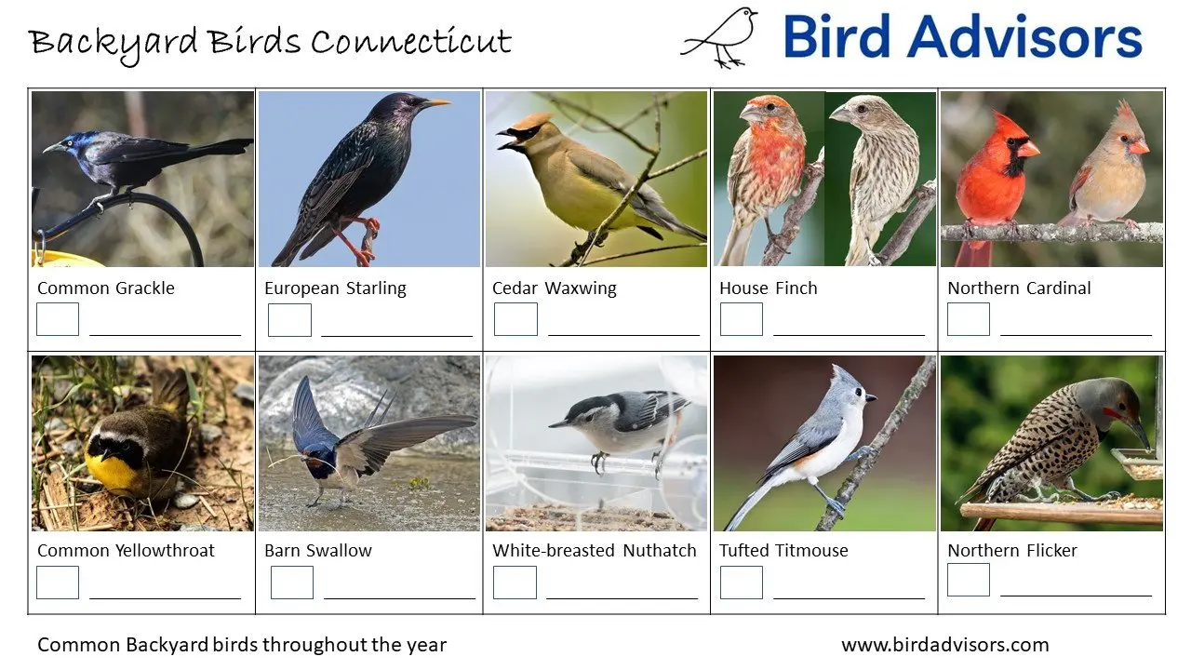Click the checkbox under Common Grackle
(58, 319)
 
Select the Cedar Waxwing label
(554, 288)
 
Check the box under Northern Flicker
(969, 580)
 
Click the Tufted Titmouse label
(783, 551)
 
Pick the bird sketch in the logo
(721, 37)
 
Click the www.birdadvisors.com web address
(944, 645)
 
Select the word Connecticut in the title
(410, 42)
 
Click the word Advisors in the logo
(1024, 37)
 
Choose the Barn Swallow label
(318, 551)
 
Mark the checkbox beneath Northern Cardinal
(969, 319)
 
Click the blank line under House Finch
(849, 333)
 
